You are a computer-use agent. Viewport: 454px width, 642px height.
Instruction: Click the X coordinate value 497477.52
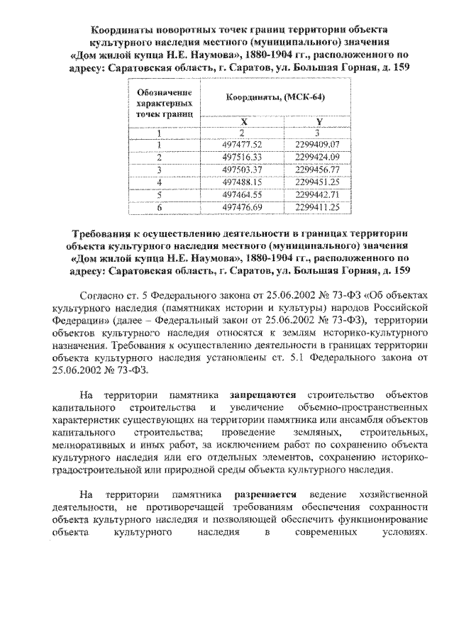(242, 144)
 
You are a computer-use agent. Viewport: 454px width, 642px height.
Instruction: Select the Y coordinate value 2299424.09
(319, 156)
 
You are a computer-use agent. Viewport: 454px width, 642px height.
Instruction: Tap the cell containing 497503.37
(242, 169)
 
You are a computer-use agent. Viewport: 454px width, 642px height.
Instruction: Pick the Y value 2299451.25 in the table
(319, 182)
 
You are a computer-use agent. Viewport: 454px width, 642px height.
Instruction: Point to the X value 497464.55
(242, 194)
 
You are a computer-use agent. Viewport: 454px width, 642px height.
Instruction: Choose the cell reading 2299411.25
(319, 206)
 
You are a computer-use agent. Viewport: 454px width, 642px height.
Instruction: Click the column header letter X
(242, 121)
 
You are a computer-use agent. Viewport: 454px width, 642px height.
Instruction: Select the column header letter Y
(319, 121)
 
